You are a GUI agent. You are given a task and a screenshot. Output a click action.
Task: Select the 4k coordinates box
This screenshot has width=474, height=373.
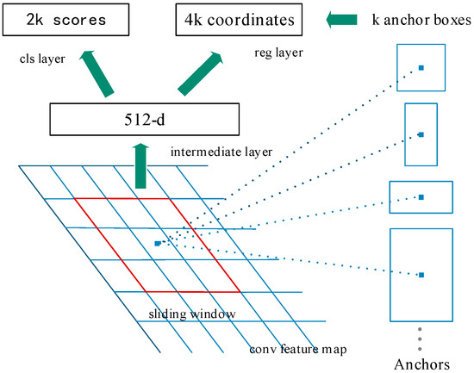238,18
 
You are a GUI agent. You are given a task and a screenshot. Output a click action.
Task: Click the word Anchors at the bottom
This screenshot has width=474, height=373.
421,363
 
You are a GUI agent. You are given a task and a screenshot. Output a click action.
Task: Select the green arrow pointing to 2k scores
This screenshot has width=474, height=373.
95,71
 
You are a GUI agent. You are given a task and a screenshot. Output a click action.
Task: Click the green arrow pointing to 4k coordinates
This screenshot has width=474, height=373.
200,71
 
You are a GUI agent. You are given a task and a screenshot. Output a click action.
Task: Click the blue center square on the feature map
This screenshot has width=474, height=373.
157,244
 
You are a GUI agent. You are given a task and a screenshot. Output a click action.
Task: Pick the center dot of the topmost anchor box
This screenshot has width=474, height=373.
421,66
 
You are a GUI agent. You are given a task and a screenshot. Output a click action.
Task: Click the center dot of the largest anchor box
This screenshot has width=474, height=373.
421,275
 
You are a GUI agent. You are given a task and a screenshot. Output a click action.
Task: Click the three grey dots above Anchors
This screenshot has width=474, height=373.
421,336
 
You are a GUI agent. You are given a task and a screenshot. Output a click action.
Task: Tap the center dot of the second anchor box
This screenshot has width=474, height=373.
421,134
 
